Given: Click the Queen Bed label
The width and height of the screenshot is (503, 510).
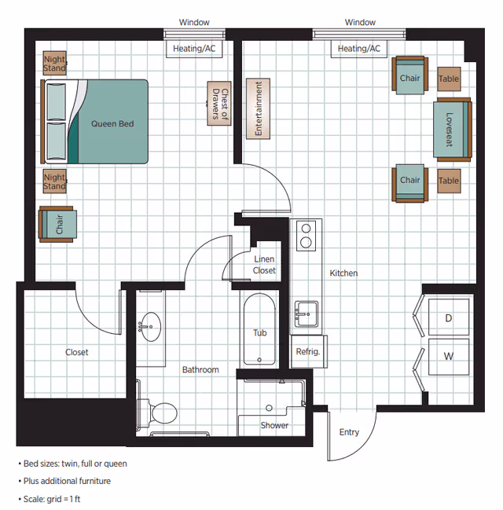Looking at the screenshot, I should point(112,123).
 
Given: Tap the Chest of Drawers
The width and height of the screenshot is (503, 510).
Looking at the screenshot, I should point(219,104).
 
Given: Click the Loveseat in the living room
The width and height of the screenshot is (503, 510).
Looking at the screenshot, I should point(450,129).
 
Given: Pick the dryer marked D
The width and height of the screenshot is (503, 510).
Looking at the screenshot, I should point(448,317).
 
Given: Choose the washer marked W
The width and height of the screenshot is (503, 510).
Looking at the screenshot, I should point(448,357).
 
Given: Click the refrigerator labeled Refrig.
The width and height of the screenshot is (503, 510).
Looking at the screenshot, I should point(307,351).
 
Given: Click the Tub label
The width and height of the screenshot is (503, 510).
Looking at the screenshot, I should point(259,333).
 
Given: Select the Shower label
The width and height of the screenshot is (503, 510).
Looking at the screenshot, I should point(274,425).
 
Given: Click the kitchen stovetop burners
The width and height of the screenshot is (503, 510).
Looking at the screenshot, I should point(306,235).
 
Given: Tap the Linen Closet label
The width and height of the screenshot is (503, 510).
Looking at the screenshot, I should point(264,265).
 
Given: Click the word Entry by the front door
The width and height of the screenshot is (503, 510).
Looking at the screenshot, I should point(349,432).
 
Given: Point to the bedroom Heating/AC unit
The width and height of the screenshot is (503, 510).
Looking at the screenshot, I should point(193,49).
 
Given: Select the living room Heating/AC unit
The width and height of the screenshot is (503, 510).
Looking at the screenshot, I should point(358,49).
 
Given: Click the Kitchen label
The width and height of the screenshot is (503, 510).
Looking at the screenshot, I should point(343,273).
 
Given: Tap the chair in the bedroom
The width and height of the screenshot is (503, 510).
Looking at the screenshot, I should point(60,224).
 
